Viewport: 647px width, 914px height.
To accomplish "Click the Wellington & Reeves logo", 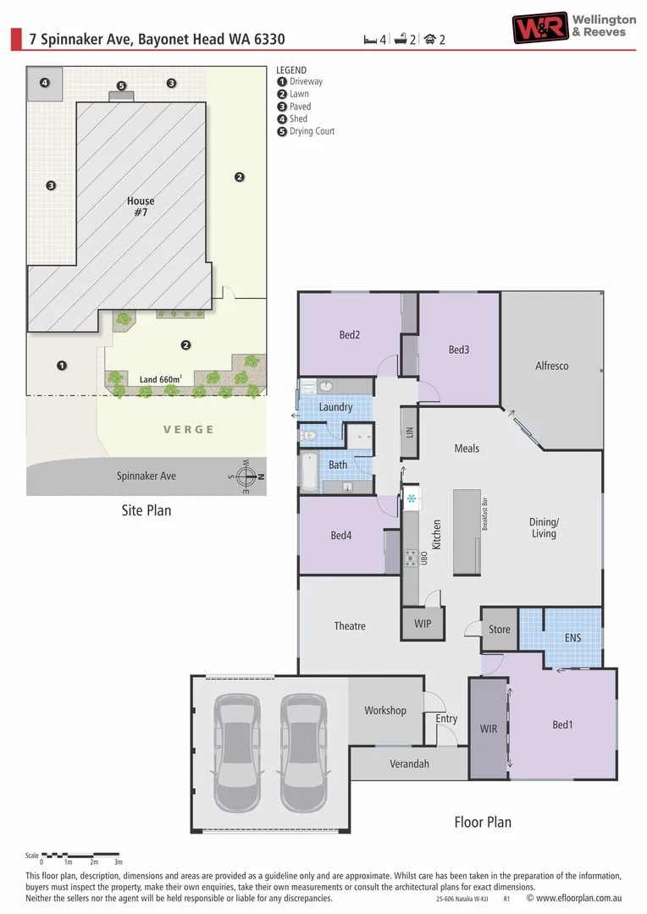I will [573, 26].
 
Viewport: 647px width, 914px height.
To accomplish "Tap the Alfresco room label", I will [551, 366].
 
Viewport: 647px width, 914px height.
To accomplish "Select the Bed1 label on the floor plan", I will [562, 724].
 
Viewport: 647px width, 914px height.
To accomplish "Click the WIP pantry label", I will [423, 624].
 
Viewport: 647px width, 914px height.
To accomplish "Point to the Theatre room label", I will [349, 625].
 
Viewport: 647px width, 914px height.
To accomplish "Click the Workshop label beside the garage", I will [384, 710].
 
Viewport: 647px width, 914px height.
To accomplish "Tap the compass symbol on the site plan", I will [246, 477].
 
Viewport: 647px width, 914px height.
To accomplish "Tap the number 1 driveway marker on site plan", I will [61, 366].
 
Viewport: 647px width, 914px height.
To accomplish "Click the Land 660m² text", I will [161, 380].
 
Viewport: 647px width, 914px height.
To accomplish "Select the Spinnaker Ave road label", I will [147, 476].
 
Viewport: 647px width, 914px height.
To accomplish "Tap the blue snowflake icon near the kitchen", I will [412, 498].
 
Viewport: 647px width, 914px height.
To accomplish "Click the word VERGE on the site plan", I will [189, 429].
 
